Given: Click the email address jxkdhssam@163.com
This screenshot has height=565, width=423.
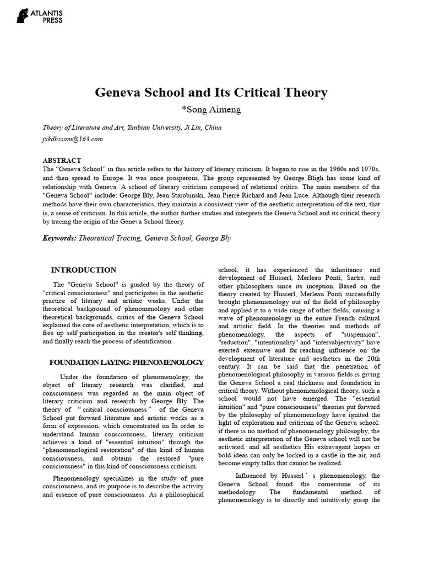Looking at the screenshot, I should (x=73, y=139).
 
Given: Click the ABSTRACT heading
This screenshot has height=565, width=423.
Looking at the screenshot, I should (x=62, y=160).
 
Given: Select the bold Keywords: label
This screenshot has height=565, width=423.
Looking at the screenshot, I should (x=60, y=238).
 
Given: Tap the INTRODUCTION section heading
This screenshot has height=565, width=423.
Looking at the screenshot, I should (x=84, y=270).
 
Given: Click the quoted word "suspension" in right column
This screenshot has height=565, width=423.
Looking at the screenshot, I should (x=360, y=335).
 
